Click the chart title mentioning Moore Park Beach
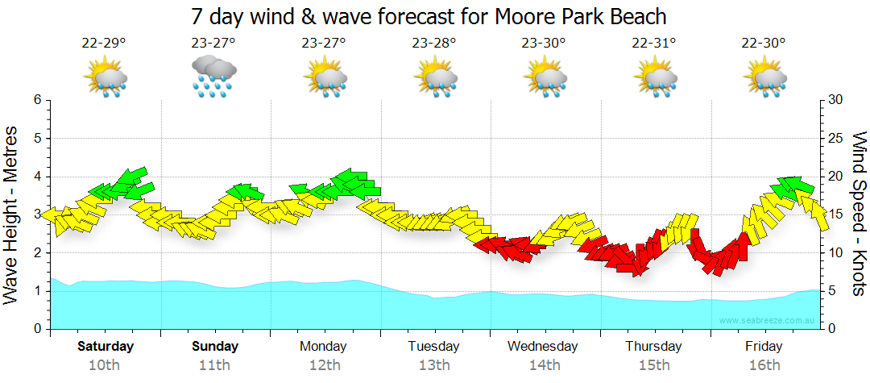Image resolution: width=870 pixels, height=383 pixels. [429, 16]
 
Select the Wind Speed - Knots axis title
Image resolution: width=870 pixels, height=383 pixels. [858, 214]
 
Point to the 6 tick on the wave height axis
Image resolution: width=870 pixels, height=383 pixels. [36, 100]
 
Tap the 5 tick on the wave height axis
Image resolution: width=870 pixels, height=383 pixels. [36, 138]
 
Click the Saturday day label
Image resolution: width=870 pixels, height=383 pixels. [105, 347]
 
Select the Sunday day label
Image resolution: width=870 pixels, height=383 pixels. [215, 347]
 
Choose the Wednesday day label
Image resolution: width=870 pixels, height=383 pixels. [543, 347]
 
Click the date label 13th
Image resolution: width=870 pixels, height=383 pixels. [433, 365]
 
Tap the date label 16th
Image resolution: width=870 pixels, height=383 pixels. [764, 365]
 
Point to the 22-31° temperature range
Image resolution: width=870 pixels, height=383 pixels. [653, 43]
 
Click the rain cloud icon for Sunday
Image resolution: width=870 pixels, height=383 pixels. [213, 77]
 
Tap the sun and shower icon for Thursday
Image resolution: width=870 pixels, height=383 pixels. [654, 78]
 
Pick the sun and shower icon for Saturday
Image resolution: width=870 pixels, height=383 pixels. [105, 78]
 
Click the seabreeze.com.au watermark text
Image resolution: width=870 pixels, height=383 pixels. [768, 321]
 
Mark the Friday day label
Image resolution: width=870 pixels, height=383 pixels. [764, 347]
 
